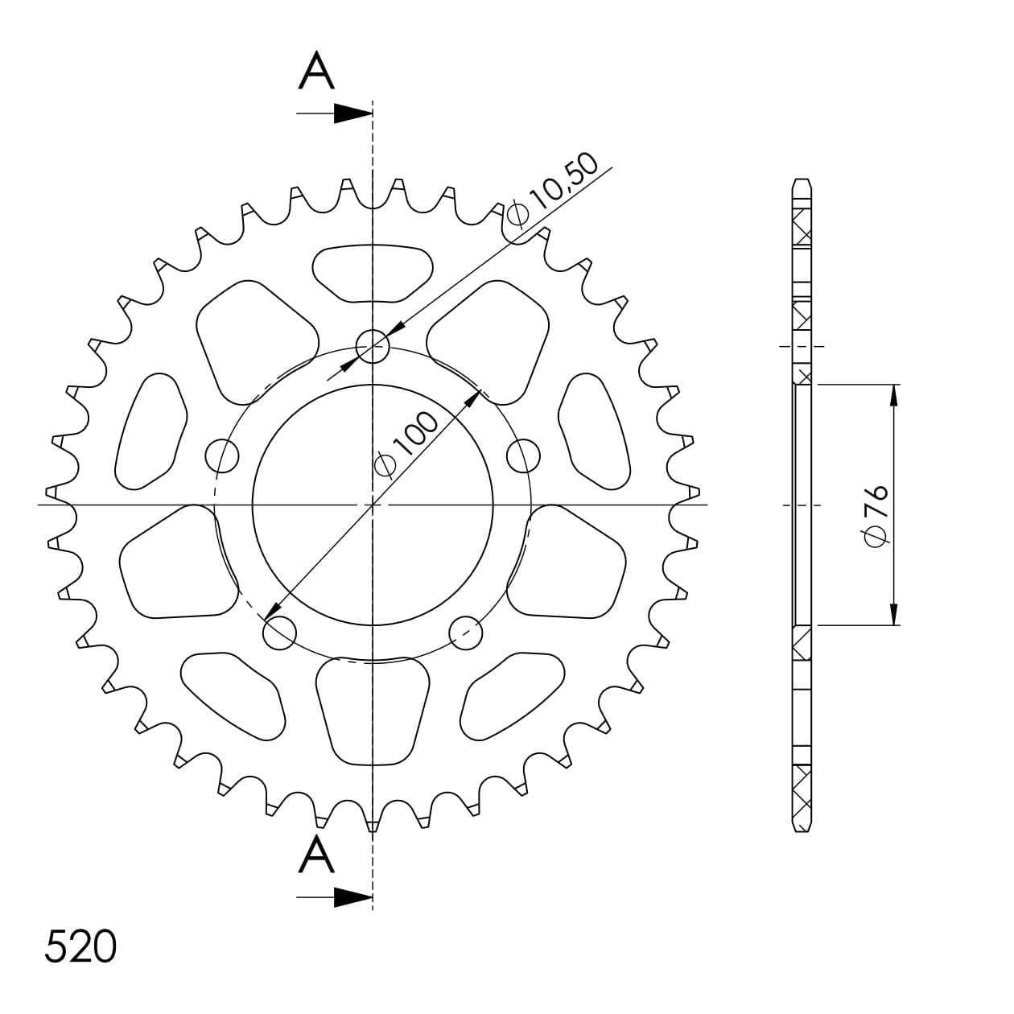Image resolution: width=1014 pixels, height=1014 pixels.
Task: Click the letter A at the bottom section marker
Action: click(x=316, y=855)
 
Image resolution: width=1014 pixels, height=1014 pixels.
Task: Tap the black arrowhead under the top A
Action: click(x=352, y=113)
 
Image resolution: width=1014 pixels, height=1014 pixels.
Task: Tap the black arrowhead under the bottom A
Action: click(x=352, y=897)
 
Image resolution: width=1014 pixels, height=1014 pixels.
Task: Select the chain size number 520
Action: click(x=80, y=947)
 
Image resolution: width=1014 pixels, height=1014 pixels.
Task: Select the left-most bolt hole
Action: click(x=223, y=456)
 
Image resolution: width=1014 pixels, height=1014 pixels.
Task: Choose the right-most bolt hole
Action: click(x=524, y=456)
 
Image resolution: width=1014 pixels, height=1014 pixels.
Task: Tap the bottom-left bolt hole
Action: click(x=279, y=633)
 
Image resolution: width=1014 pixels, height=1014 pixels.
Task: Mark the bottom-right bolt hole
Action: click(x=466, y=633)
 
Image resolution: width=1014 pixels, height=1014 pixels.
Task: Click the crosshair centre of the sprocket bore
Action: click(x=373, y=505)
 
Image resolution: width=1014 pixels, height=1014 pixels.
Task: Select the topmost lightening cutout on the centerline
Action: click(x=373, y=274)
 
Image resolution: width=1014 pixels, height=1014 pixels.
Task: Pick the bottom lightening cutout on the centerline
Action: click(x=373, y=712)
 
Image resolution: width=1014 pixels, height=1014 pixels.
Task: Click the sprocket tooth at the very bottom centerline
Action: click(x=373, y=824)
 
